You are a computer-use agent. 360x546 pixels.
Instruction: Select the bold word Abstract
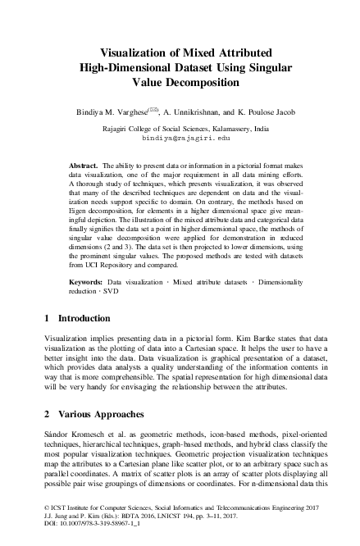pyautogui.click(x=84, y=167)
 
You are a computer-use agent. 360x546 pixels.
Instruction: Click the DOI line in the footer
pyautogui.click(x=80, y=535)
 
